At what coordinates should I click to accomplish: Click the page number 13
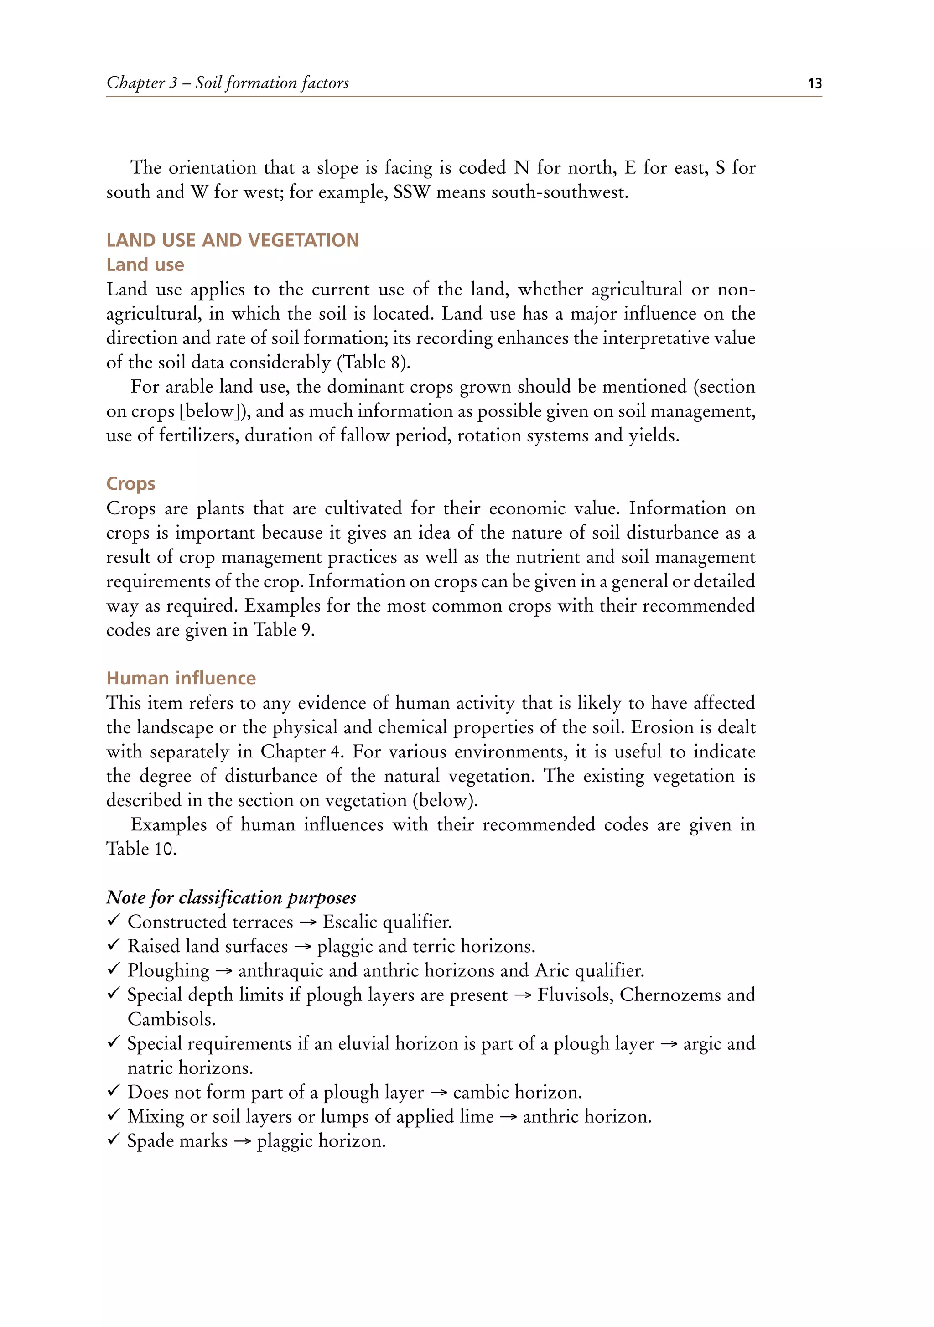(815, 83)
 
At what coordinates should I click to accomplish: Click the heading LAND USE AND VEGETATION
(232, 240)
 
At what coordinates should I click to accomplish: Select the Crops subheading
(130, 483)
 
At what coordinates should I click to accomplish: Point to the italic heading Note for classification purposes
(231, 897)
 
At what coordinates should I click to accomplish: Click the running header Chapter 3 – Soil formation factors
(228, 83)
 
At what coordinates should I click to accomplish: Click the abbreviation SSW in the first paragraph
(411, 192)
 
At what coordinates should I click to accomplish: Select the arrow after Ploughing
(223, 971)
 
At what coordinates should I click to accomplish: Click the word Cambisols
(171, 1019)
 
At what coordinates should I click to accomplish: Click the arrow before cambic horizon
(439, 1092)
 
